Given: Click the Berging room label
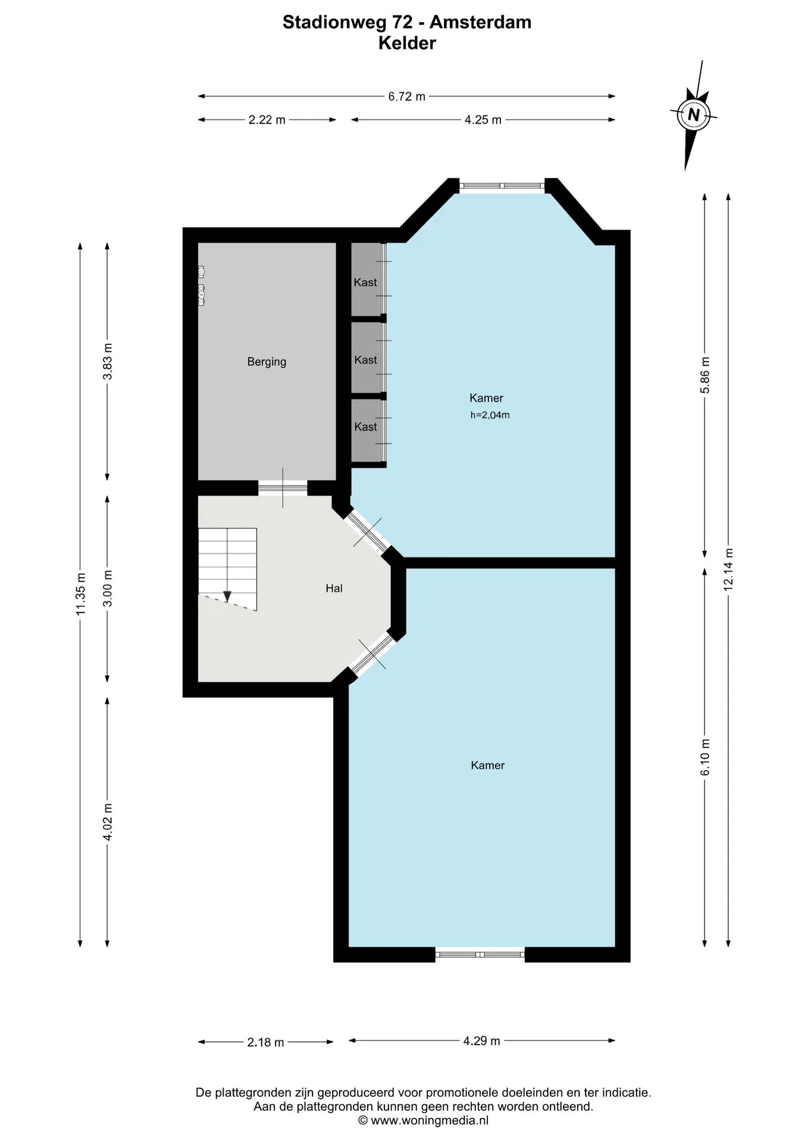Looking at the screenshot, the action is (x=267, y=362).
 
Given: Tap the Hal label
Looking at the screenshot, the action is (x=334, y=588).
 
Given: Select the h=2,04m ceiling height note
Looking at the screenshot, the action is (x=490, y=415).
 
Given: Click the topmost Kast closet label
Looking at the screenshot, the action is (x=365, y=282).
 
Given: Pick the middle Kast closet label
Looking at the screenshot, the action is (x=365, y=360).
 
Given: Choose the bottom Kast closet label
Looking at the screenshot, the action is (x=365, y=426).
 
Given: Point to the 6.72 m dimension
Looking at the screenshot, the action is (x=407, y=96).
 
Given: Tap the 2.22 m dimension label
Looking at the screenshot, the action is (x=267, y=120).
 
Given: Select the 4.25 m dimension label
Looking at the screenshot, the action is (x=483, y=120).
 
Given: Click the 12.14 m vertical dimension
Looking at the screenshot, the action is (x=728, y=569).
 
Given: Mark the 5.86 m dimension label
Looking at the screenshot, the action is (x=705, y=375).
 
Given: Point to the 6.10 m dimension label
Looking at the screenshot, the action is (x=705, y=757).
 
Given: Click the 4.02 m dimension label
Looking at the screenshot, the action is (x=108, y=822).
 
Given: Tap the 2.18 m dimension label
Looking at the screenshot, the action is (x=265, y=1042).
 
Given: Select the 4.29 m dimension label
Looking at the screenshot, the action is (x=481, y=1040).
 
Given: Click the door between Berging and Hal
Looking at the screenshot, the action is (x=283, y=488).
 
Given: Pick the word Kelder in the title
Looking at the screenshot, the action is (x=407, y=43).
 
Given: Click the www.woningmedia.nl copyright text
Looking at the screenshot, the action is (x=423, y=1121).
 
